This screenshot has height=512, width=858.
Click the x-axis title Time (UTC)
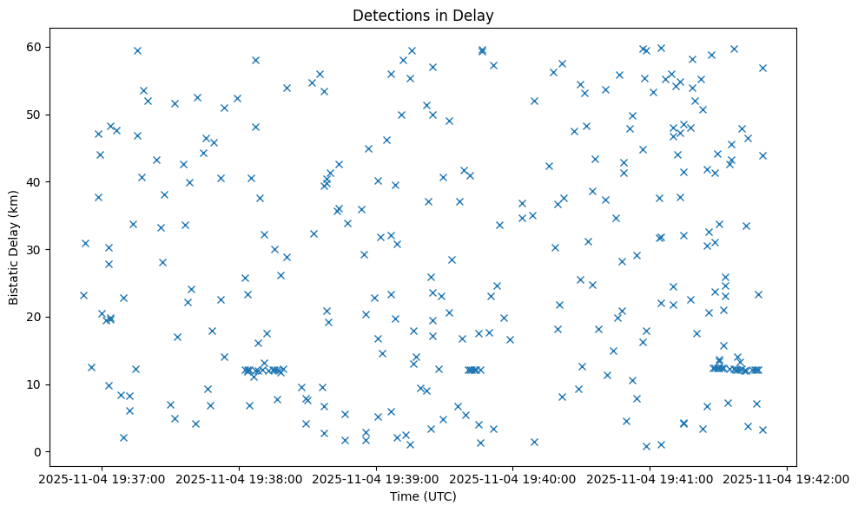(x=423, y=496)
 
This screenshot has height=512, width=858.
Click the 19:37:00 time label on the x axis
(x=102, y=477)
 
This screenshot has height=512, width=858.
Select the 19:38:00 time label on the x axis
(x=240, y=477)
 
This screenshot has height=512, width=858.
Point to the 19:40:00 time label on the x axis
(x=513, y=477)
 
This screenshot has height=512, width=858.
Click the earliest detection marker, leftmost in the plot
(x=83, y=295)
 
